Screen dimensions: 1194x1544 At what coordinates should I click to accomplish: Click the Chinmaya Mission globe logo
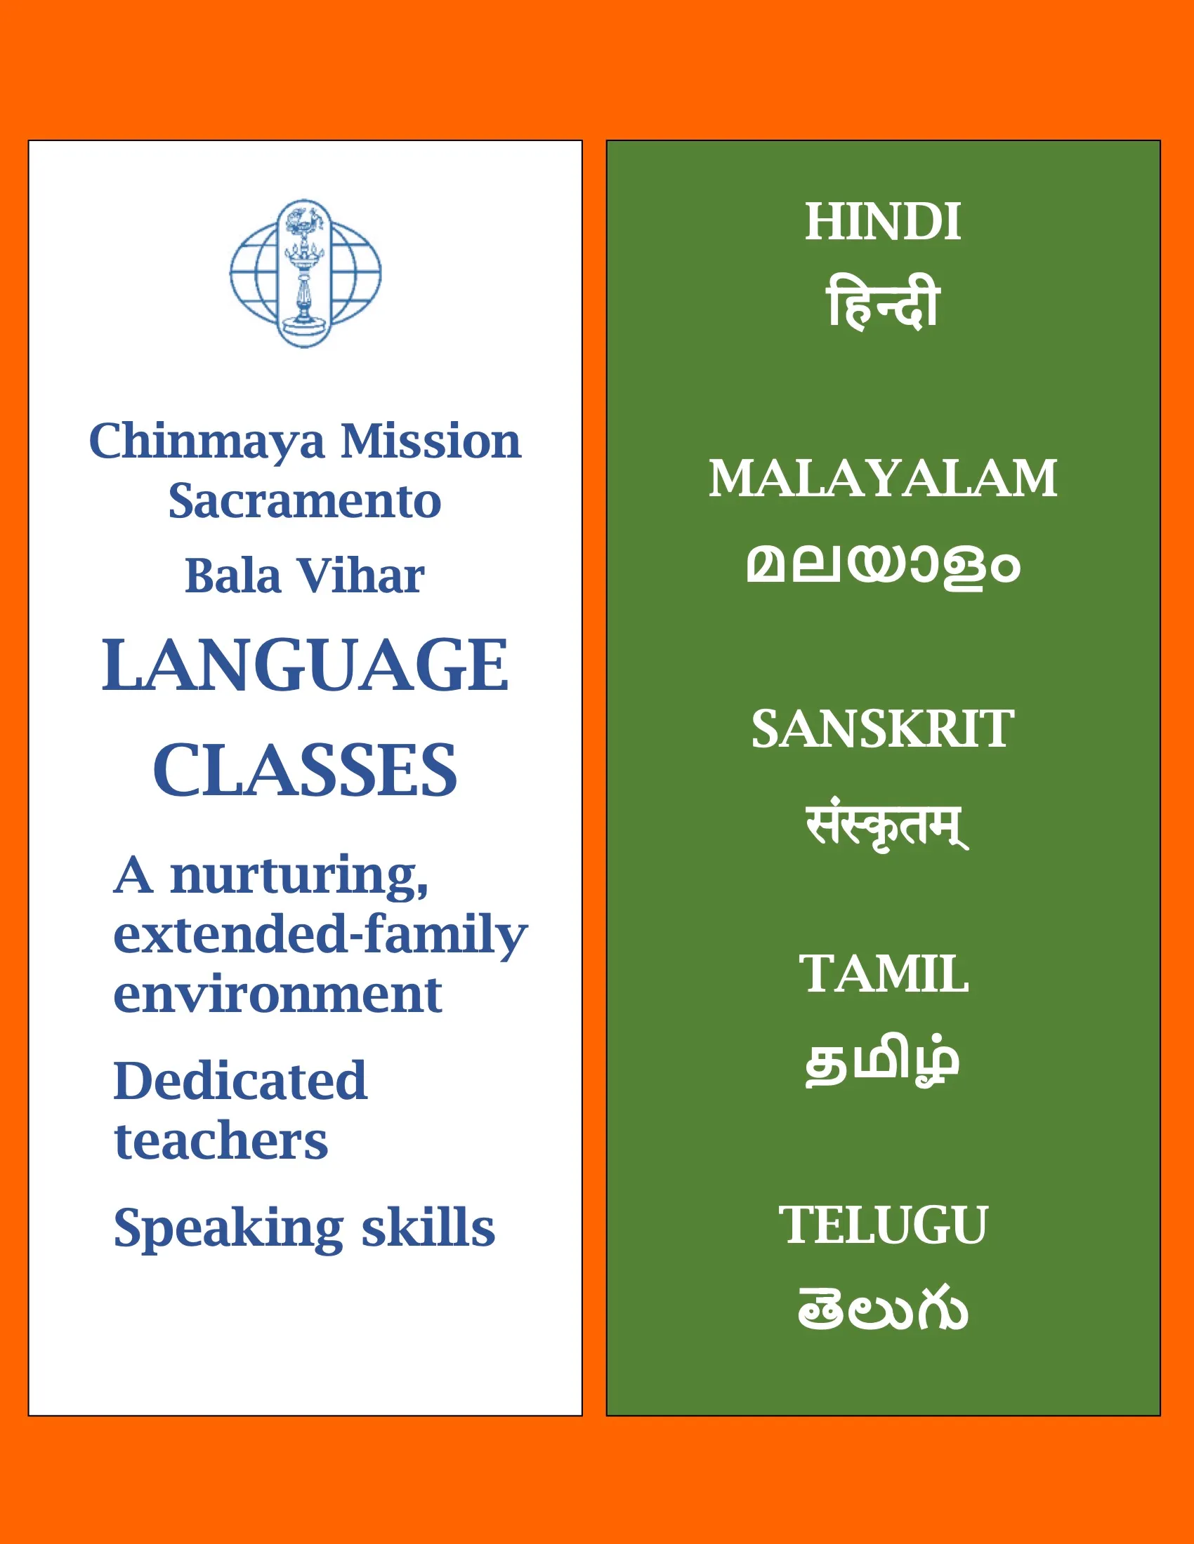click(x=306, y=273)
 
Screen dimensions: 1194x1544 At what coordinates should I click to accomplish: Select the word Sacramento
click(x=305, y=500)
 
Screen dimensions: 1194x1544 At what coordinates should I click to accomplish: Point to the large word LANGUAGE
click(x=305, y=665)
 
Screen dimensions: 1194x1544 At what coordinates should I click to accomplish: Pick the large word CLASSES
click(x=305, y=770)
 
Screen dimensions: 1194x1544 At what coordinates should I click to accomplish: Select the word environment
click(x=278, y=994)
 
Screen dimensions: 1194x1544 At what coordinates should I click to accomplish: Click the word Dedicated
click(x=240, y=1081)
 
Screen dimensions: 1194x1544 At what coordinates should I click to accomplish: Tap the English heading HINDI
click(x=883, y=221)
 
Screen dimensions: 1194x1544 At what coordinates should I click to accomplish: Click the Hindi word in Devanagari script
click(x=883, y=302)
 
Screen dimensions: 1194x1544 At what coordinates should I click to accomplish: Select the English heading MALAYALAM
click(x=883, y=478)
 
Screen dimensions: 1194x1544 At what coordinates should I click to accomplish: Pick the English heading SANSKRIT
click(x=883, y=729)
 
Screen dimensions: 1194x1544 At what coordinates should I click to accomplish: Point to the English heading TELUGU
click(x=883, y=1225)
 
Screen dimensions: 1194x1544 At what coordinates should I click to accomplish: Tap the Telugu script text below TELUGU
click(x=883, y=1308)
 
